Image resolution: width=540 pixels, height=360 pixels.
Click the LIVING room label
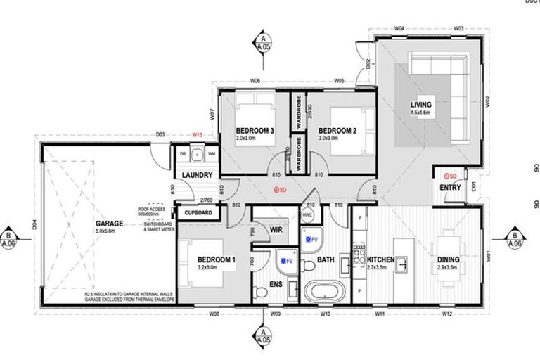point(421,105)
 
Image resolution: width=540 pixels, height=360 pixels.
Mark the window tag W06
point(255,81)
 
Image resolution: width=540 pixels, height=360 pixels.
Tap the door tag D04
point(34,226)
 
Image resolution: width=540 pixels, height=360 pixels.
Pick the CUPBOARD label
point(199,212)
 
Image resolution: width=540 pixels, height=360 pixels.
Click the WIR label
point(276,229)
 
